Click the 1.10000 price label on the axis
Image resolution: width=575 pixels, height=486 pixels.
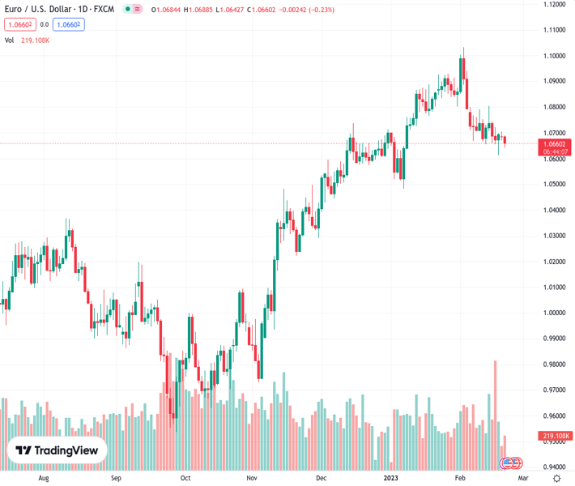click(555, 55)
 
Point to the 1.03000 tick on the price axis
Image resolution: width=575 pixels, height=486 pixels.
click(555, 236)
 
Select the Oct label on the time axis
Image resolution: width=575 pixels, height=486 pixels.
click(186, 478)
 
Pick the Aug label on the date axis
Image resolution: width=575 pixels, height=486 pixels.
click(44, 478)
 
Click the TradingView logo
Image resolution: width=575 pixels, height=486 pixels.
click(57, 450)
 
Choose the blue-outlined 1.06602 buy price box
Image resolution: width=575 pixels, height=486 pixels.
click(68, 24)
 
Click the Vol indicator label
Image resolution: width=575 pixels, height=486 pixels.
click(10, 40)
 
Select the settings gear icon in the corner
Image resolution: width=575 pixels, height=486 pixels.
click(556, 478)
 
